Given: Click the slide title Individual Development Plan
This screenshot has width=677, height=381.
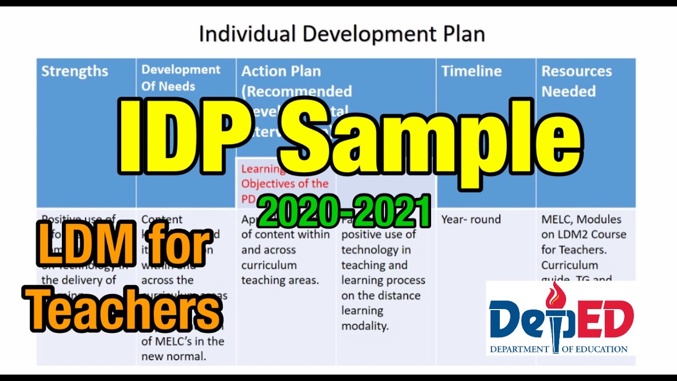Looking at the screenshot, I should pyautogui.click(x=342, y=34).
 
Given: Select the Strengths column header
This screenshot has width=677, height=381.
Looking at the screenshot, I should pyautogui.click(x=75, y=71).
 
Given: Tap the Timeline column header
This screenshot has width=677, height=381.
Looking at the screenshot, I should pyautogui.click(x=471, y=71).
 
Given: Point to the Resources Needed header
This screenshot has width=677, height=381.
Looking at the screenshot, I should pyautogui.click(x=577, y=81).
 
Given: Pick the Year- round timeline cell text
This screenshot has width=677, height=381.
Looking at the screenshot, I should pyautogui.click(x=471, y=219).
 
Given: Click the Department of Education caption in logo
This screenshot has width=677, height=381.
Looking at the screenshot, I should pyautogui.click(x=559, y=349).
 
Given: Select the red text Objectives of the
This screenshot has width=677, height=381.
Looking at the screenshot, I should pyautogui.click(x=285, y=184).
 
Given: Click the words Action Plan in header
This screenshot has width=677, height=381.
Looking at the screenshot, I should pyautogui.click(x=281, y=71).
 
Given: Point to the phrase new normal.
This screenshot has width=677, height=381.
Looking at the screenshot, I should pyautogui.click(x=173, y=356).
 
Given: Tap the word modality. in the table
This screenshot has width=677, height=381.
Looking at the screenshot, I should pyautogui.click(x=364, y=326).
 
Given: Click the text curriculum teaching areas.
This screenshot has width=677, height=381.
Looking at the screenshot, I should pyautogui.click(x=280, y=273).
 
